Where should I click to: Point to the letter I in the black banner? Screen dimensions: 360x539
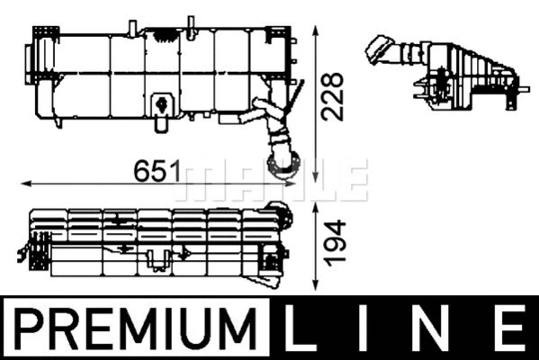click(377, 327)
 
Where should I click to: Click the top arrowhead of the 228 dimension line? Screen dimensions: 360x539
click(314, 28)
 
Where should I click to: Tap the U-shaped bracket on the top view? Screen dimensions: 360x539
click(158, 261)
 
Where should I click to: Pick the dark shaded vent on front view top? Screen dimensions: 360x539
click(165, 35)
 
